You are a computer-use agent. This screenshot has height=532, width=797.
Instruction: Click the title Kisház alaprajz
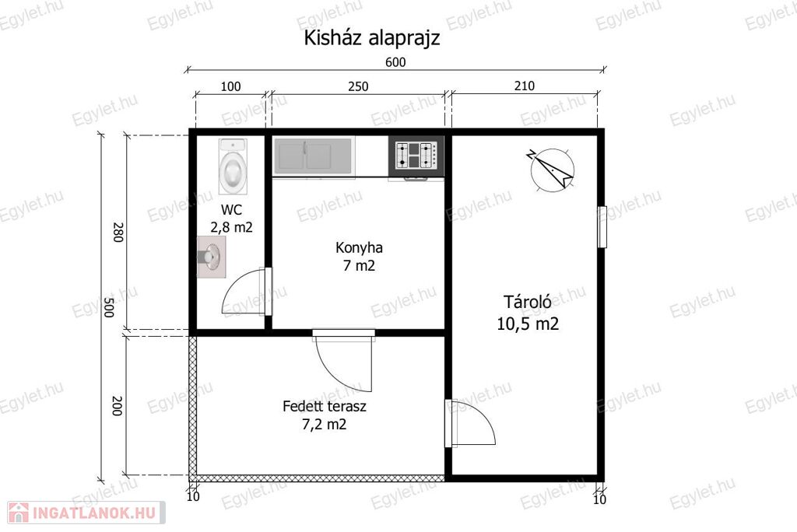371,38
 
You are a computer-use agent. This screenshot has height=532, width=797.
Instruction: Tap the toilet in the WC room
233,166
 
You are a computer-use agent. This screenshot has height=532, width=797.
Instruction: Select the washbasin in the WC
212,257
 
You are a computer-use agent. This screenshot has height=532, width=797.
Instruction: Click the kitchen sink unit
314,156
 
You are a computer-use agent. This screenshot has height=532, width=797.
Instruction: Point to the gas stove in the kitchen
416,156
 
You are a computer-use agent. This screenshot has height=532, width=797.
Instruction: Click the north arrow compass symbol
552,170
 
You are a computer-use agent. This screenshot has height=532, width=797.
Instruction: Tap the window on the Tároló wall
602,226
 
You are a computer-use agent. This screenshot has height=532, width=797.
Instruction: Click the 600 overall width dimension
395,62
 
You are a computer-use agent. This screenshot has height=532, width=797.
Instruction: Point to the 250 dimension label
358,86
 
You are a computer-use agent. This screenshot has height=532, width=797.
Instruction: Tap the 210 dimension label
525,86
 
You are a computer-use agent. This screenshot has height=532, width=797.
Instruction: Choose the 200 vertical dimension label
118,406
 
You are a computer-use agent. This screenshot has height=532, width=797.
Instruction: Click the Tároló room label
528,302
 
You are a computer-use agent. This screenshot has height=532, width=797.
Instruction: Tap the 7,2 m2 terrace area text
325,425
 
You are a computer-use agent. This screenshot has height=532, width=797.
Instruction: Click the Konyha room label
359,248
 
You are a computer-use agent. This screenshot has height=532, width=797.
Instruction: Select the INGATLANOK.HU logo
86,513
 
